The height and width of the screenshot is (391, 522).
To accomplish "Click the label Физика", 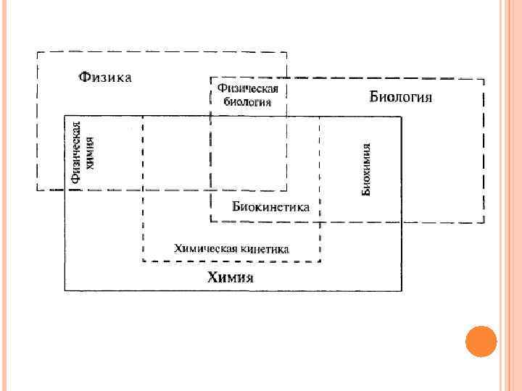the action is pyautogui.click(x=105, y=77).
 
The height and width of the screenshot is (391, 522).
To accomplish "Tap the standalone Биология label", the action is pyautogui.click(x=401, y=96).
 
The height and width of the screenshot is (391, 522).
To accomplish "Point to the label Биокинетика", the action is pyautogui.click(x=270, y=206).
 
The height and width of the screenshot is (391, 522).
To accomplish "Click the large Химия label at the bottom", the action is pyautogui.click(x=231, y=277).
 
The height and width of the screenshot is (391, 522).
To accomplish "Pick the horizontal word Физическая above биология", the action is pyautogui.click(x=248, y=88).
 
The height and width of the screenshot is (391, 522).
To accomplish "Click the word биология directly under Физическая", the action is pyautogui.click(x=247, y=101).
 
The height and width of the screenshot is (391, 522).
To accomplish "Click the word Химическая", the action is pyautogui.click(x=204, y=248).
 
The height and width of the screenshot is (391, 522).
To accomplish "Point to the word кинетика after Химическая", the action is pyautogui.click(x=264, y=248).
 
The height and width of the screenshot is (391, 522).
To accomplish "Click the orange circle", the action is pyautogui.click(x=480, y=342).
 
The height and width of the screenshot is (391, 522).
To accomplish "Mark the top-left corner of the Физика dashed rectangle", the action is pyautogui.click(x=38, y=52).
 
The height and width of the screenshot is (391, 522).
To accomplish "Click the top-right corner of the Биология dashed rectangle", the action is pyautogui.click(x=484, y=78).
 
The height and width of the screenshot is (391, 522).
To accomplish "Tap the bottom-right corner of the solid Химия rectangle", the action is pyautogui.click(x=401, y=290).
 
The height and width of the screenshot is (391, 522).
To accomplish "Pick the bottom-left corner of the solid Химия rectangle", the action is pyautogui.click(x=65, y=290).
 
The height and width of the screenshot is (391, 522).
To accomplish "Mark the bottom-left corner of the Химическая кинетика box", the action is pyautogui.click(x=143, y=261).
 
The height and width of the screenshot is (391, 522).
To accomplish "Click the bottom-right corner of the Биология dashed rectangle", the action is pyautogui.click(x=484, y=222).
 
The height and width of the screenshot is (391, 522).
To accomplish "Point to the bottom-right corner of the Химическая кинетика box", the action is pyautogui.click(x=320, y=261).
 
